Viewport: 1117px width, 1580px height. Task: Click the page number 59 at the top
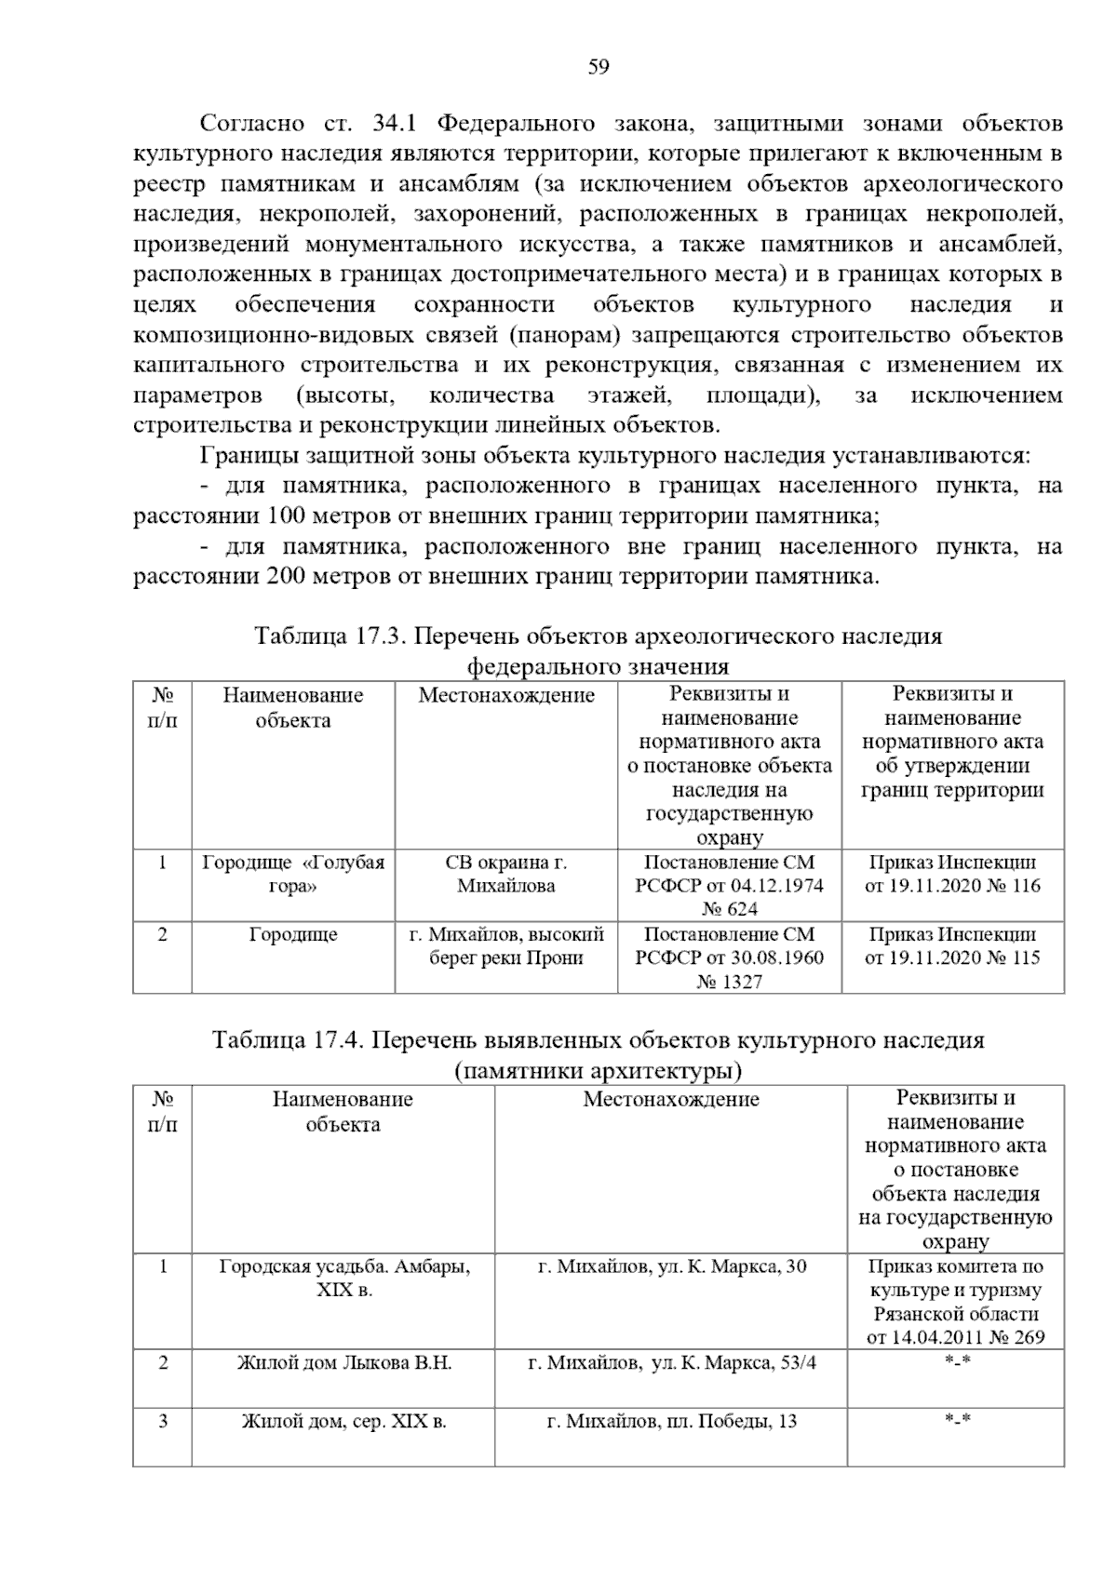point(599,67)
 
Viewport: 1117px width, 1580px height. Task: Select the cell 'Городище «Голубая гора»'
point(293,874)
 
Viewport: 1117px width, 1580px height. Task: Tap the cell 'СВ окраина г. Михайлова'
point(505,874)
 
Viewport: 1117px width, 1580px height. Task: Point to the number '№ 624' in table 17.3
point(729,908)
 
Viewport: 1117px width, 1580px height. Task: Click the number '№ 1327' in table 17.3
point(729,981)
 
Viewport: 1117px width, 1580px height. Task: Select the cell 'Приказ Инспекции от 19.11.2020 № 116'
point(952,874)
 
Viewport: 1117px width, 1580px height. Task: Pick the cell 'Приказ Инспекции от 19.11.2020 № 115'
point(952,946)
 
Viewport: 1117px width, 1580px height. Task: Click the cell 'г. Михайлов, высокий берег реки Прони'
point(505,946)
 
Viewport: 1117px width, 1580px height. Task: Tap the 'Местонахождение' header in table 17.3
point(505,695)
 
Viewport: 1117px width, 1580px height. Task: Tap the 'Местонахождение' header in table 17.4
point(670,1099)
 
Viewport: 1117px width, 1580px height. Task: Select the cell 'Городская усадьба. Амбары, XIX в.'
point(343,1278)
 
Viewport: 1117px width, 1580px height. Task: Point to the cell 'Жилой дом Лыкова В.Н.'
point(343,1363)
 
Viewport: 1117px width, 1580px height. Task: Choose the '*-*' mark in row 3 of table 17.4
point(956,1421)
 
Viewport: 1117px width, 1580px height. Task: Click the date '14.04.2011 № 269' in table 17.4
point(956,1338)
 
